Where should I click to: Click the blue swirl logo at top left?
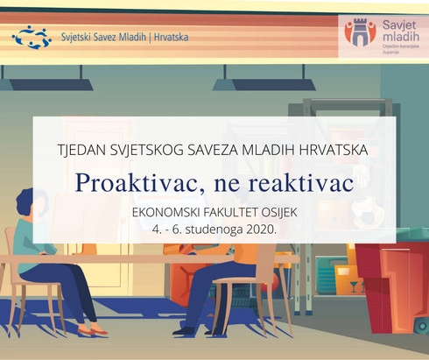(32, 37)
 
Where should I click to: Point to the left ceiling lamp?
(49, 85)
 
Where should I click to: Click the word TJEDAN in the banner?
(83, 150)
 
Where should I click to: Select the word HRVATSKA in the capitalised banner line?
(331, 150)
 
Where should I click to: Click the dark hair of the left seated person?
(25, 203)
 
